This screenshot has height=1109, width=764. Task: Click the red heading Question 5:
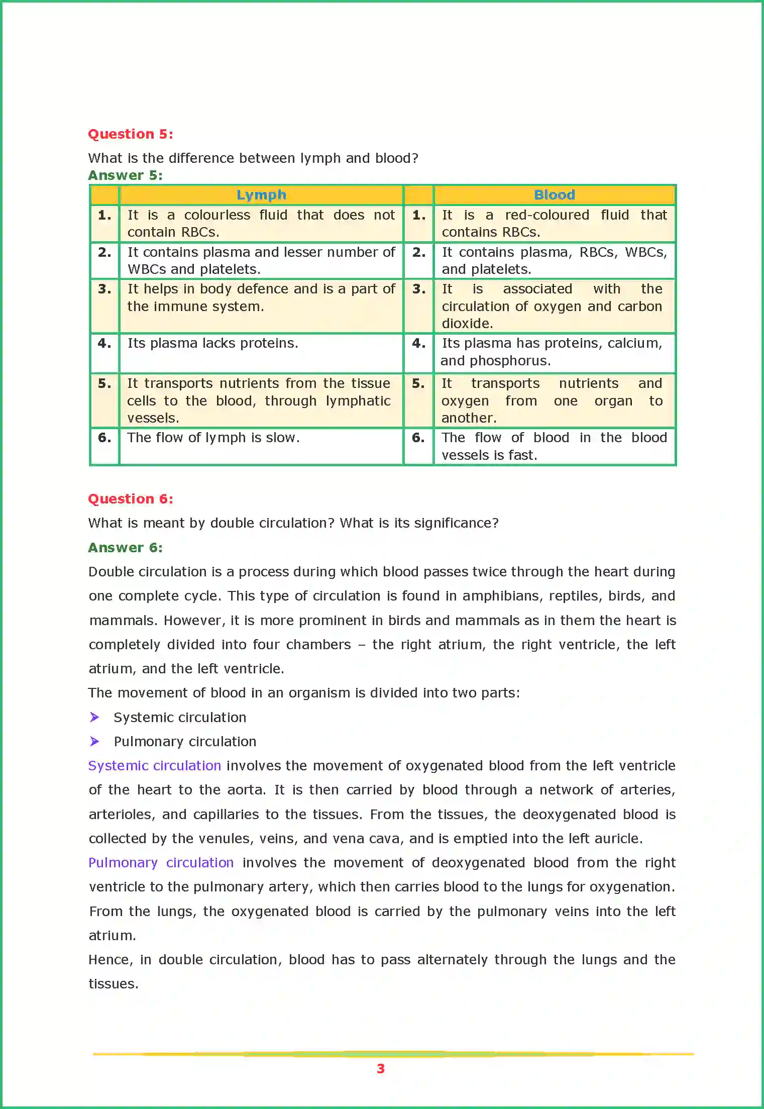tap(130, 134)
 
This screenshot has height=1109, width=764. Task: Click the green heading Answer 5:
tap(125, 175)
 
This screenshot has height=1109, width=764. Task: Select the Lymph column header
tap(261, 195)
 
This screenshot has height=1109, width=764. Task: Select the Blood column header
tap(554, 195)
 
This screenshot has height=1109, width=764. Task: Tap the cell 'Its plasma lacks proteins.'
tap(212, 343)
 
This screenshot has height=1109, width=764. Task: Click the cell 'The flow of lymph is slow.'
tap(213, 438)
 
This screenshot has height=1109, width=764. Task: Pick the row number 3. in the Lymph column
tap(104, 289)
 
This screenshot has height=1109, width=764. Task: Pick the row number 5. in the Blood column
tap(418, 384)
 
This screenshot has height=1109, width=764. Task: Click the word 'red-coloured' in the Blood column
tap(547, 215)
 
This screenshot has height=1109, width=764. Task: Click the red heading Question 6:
tap(130, 499)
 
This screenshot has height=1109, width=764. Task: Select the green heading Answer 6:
tap(125, 548)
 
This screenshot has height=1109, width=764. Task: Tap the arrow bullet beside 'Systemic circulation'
tap(94, 717)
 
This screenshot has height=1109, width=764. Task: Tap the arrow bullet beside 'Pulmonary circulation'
tap(94, 741)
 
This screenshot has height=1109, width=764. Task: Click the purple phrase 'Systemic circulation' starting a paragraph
tap(154, 766)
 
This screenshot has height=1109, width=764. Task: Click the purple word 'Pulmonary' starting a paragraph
tap(123, 863)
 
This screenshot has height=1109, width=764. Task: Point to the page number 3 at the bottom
tap(381, 1069)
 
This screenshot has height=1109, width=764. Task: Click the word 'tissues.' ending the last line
tap(114, 984)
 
